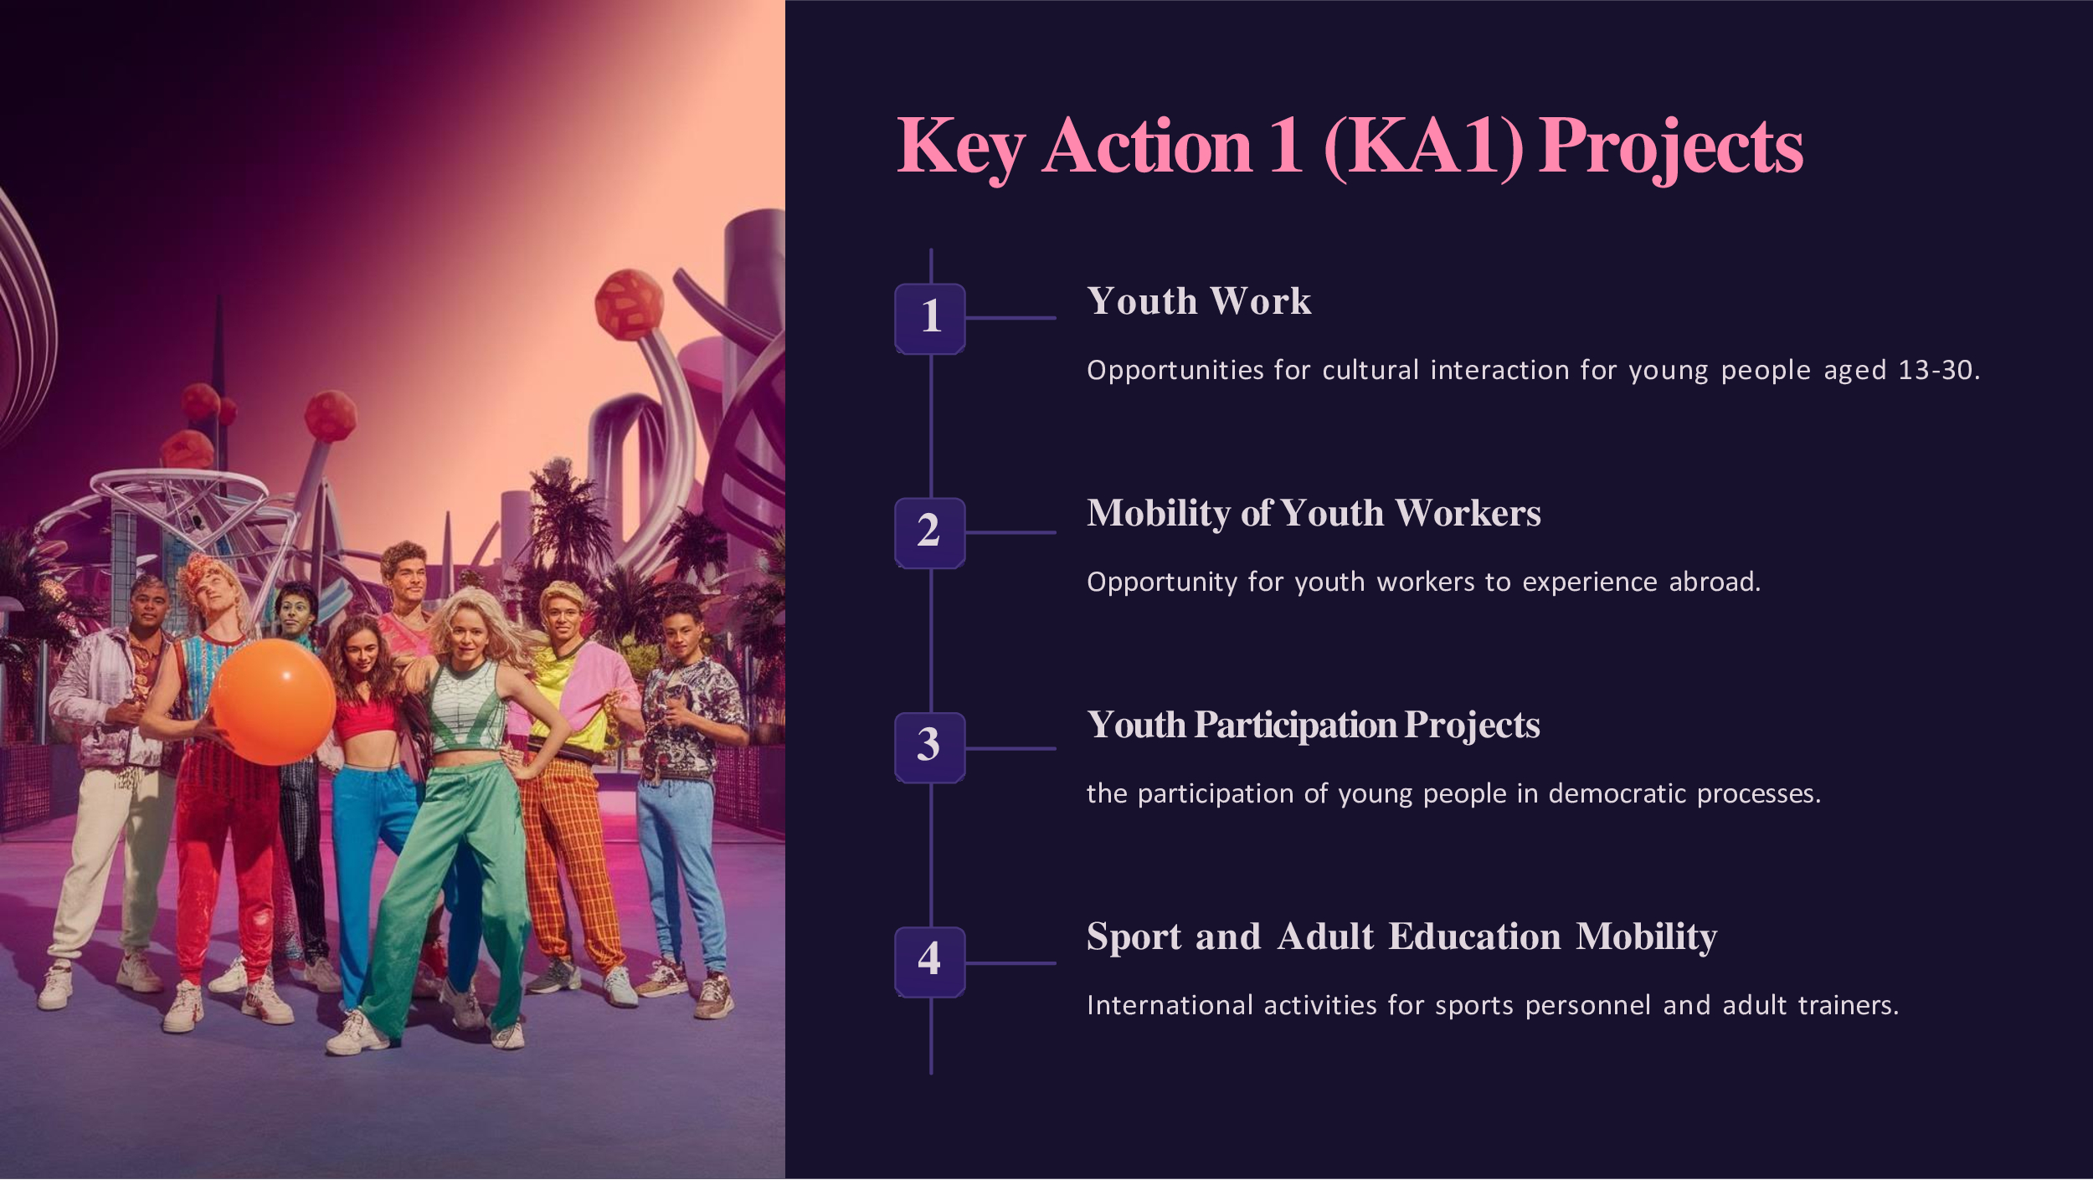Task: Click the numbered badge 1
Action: tap(930, 318)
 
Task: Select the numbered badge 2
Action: tap(930, 533)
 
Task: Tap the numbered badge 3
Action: tap(930, 747)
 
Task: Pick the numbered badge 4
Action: tap(930, 962)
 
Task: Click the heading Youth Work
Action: tap(1199, 301)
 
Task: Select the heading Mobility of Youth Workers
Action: tap(1314, 514)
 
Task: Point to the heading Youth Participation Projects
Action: tap(1314, 726)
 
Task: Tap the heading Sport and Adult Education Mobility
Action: tap(1401, 937)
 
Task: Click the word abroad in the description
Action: tap(1715, 582)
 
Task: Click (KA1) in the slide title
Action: tap(1424, 147)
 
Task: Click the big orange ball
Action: tap(273, 701)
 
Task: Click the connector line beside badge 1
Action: tap(1011, 318)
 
